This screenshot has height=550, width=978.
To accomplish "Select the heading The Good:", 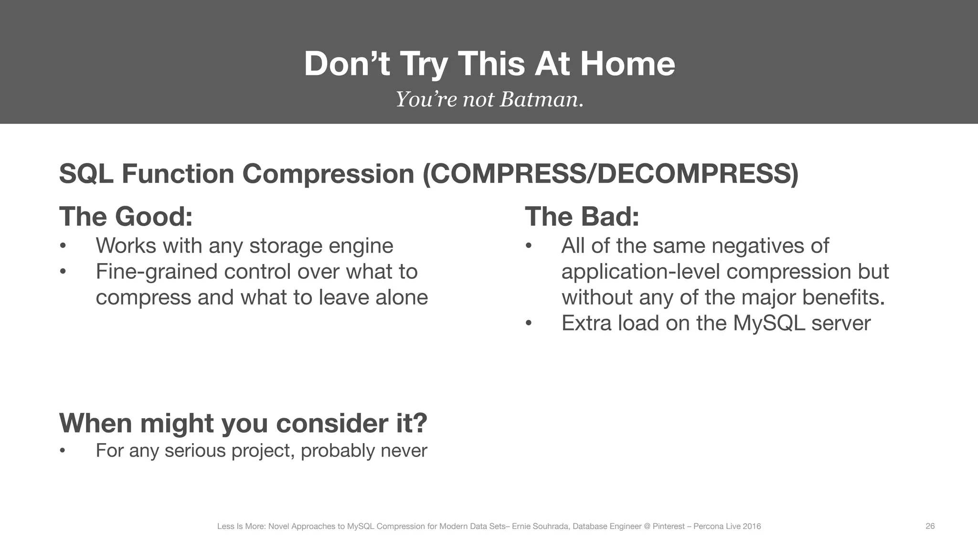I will point(126,216).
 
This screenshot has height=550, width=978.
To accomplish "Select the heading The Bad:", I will point(582,216).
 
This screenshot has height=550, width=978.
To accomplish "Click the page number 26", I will point(930,526).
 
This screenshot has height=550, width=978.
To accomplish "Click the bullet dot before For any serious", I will point(63,451).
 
